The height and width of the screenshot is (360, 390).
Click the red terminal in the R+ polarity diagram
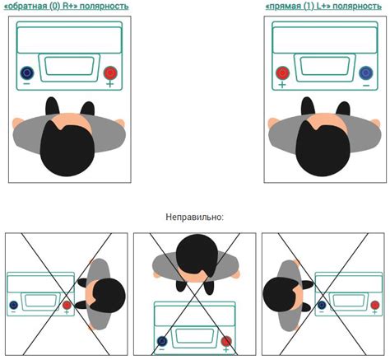point(110,73)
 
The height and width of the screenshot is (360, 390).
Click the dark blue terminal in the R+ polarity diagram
point(27,72)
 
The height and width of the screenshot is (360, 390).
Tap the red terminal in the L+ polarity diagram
point(282,73)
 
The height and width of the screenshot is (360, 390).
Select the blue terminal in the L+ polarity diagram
point(366,72)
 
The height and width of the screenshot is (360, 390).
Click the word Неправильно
point(195,217)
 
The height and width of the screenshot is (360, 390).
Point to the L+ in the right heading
point(323,6)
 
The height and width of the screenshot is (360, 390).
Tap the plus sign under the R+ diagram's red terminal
point(110,84)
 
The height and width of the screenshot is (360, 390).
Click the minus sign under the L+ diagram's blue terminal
point(366,86)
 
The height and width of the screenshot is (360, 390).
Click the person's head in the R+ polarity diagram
point(67,148)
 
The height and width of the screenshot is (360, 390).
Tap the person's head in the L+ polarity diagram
point(323,148)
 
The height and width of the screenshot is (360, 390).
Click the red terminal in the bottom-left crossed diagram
point(67,305)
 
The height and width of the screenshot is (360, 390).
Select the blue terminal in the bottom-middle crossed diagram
point(162,341)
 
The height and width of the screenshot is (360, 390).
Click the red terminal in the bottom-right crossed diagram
point(375,305)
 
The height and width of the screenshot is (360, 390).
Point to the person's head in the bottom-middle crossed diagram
point(197,255)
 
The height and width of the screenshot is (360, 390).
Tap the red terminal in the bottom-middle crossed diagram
point(226,341)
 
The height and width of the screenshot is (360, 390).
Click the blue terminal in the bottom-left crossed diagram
point(14,305)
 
